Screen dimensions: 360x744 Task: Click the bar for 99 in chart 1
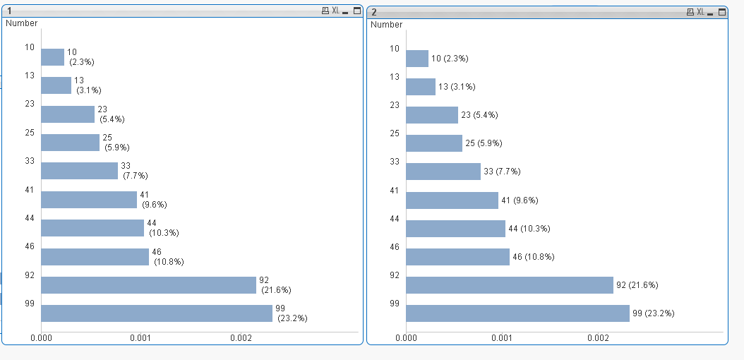[157, 313]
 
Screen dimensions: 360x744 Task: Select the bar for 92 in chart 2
[510, 285]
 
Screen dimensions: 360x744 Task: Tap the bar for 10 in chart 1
[53, 57]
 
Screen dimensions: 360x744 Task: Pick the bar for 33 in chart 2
[443, 172]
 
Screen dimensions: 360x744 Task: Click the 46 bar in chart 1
[95, 257]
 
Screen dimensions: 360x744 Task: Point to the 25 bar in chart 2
[434, 143]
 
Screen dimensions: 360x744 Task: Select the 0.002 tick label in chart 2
[598, 338]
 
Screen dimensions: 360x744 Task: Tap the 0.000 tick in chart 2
[407, 338]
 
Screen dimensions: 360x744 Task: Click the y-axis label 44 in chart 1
[29, 218]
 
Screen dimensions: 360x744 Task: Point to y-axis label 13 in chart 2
[394, 76]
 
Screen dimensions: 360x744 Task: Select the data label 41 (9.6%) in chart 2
[520, 200]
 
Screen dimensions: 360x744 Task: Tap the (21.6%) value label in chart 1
[276, 289]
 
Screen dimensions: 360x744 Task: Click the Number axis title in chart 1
[21, 23]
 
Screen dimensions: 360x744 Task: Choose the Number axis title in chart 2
[386, 25]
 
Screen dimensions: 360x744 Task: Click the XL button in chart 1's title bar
[335, 11]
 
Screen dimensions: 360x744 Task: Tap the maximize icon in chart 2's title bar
[721, 12]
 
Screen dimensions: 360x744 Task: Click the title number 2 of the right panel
[374, 12]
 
